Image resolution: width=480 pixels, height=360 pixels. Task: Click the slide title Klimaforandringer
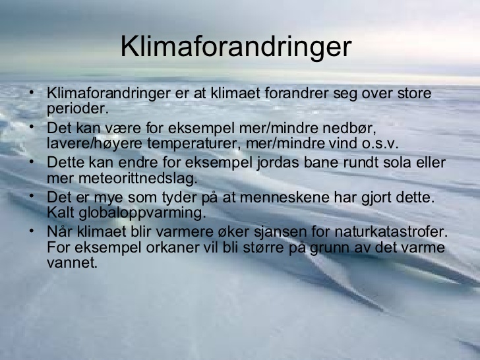(x=236, y=47)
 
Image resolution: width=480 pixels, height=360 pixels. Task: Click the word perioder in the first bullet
(x=78, y=109)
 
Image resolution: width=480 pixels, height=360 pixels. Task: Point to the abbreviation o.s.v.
(x=380, y=144)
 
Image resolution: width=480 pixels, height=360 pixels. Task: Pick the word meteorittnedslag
(x=138, y=179)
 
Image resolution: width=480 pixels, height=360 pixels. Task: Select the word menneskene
(x=285, y=197)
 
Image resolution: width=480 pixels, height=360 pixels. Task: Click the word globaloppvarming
(x=142, y=213)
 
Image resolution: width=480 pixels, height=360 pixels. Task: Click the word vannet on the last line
(x=72, y=263)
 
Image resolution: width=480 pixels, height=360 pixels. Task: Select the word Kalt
(x=61, y=213)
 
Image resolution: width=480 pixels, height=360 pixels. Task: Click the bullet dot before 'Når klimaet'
(x=32, y=231)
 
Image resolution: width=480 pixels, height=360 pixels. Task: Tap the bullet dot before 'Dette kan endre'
(x=32, y=162)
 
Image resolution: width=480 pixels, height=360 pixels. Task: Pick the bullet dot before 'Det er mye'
(x=32, y=196)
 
